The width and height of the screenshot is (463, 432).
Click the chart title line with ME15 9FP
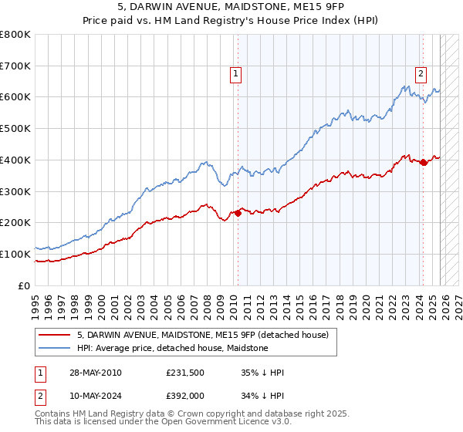[231, 8]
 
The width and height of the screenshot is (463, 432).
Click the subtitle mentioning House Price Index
[231, 21]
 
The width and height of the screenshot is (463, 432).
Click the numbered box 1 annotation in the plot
[235, 74]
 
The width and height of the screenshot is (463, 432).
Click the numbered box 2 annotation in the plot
[421, 74]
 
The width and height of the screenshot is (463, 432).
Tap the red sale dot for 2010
[238, 213]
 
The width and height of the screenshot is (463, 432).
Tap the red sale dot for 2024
[423, 162]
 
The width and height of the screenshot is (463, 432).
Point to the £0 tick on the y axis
[25, 285]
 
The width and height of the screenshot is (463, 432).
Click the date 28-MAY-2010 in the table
[95, 373]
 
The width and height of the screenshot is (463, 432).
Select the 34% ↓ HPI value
[262, 397]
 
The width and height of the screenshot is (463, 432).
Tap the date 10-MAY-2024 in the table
[95, 397]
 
